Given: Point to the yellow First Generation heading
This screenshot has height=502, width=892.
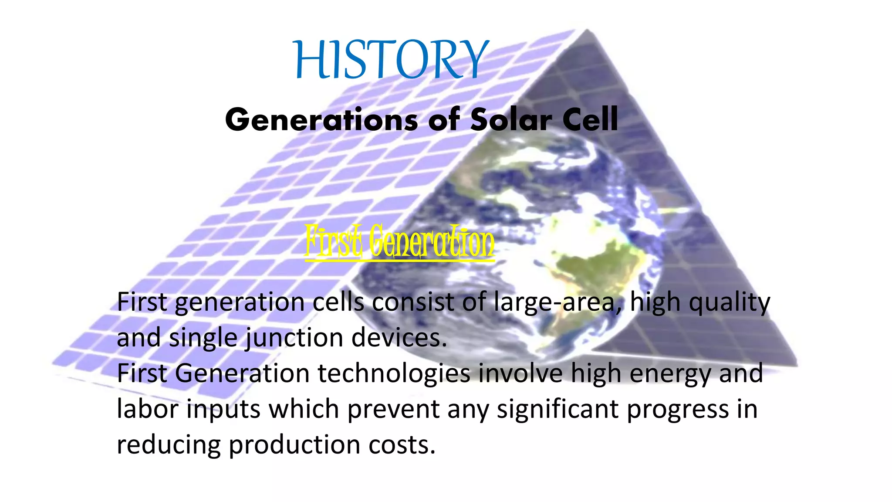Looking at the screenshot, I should point(399,242).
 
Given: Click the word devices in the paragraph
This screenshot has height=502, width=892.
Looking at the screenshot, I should point(399,338).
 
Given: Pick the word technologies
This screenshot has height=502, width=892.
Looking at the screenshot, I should point(394,374).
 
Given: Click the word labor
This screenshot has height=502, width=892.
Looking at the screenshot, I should point(148,409).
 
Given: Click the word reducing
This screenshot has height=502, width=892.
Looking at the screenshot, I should point(169,446).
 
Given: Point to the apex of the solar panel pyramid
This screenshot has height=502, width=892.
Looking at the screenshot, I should point(587,31).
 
